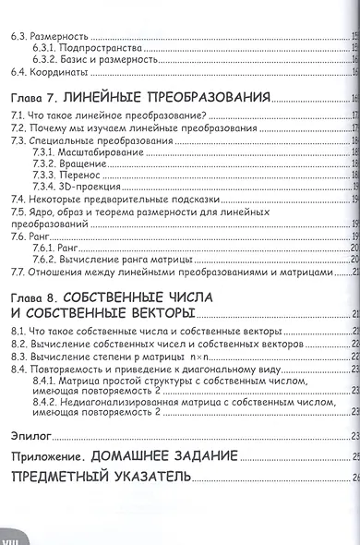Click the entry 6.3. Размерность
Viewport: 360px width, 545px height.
[x=47, y=37]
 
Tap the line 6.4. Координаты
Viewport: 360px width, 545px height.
[x=47, y=72]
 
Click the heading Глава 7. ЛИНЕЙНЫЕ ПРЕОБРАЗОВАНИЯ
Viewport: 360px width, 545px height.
[x=139, y=97]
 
